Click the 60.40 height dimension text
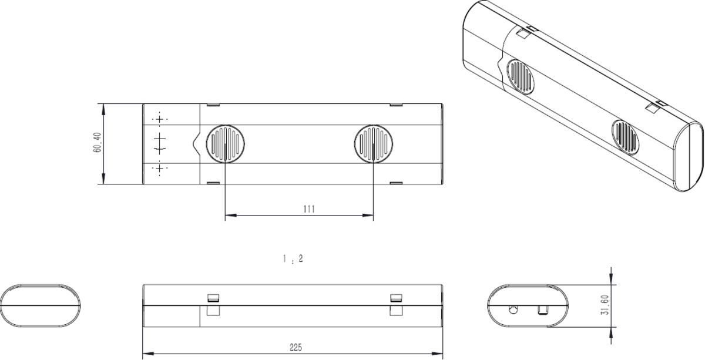click(x=98, y=144)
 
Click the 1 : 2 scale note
click(x=292, y=258)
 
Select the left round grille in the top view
click(x=225, y=144)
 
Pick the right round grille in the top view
click(x=374, y=144)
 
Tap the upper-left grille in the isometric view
click(x=520, y=76)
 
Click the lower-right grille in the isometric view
click(x=625, y=135)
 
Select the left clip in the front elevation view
click(x=213, y=304)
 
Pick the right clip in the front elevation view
click(x=397, y=304)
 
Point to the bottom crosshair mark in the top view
click(x=159, y=169)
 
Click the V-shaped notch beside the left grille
click(x=196, y=144)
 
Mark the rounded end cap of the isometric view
click(x=687, y=156)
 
